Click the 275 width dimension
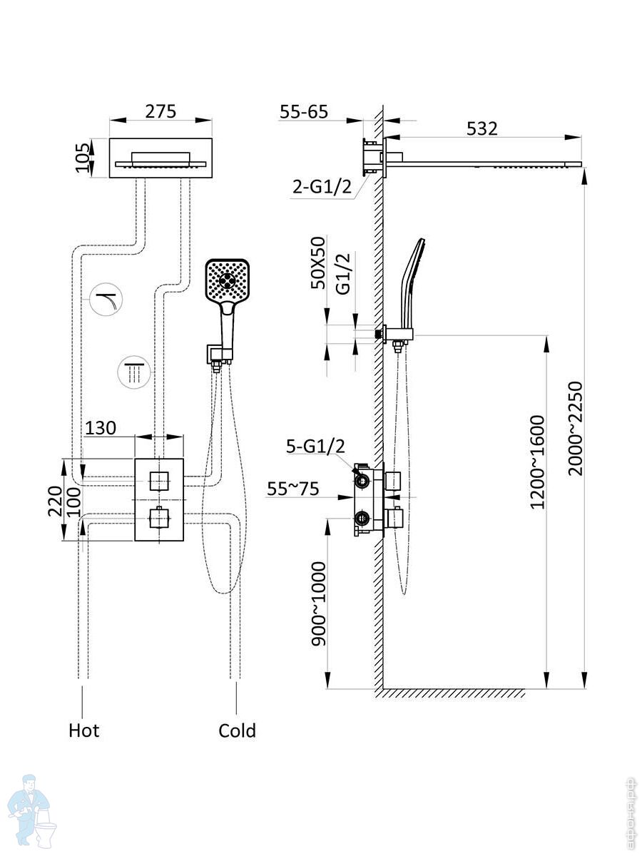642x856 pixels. pyautogui.click(x=160, y=112)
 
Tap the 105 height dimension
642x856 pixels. pyautogui.click(x=84, y=158)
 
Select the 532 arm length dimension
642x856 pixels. pyautogui.click(x=482, y=128)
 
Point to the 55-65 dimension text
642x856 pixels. pyautogui.click(x=303, y=112)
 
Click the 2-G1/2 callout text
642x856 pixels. pyautogui.click(x=323, y=188)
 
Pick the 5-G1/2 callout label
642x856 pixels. pyautogui.click(x=315, y=447)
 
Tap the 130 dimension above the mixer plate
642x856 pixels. pyautogui.click(x=101, y=428)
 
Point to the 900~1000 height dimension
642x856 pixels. pyautogui.click(x=318, y=603)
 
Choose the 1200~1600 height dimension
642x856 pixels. pyautogui.click(x=536, y=462)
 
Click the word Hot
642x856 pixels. pyautogui.click(x=84, y=730)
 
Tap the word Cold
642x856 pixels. pyautogui.click(x=237, y=730)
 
